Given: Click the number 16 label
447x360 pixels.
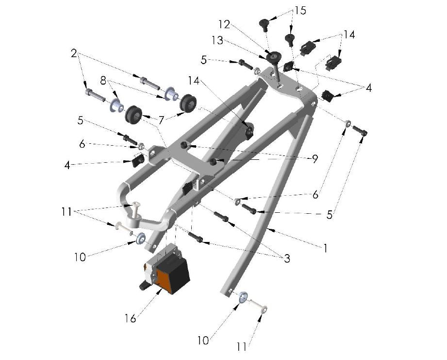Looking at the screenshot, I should [130, 319].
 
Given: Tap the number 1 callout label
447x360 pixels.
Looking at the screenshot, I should [325, 248].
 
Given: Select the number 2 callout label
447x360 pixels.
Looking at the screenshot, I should [74, 53].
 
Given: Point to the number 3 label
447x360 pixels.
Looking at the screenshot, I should [287, 258].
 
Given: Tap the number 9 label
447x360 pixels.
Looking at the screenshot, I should [315, 159].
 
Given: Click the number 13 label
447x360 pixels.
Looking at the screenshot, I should [217, 41].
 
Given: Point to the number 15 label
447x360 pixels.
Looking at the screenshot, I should [300, 11].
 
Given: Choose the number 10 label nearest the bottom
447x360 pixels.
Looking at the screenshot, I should [203, 340].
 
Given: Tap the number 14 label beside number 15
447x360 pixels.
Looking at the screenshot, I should [349, 34].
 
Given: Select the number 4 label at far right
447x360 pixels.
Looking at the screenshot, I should [368, 88].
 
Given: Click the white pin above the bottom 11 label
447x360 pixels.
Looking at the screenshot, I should [258, 306].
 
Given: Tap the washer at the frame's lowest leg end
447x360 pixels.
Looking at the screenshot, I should [243, 295].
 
